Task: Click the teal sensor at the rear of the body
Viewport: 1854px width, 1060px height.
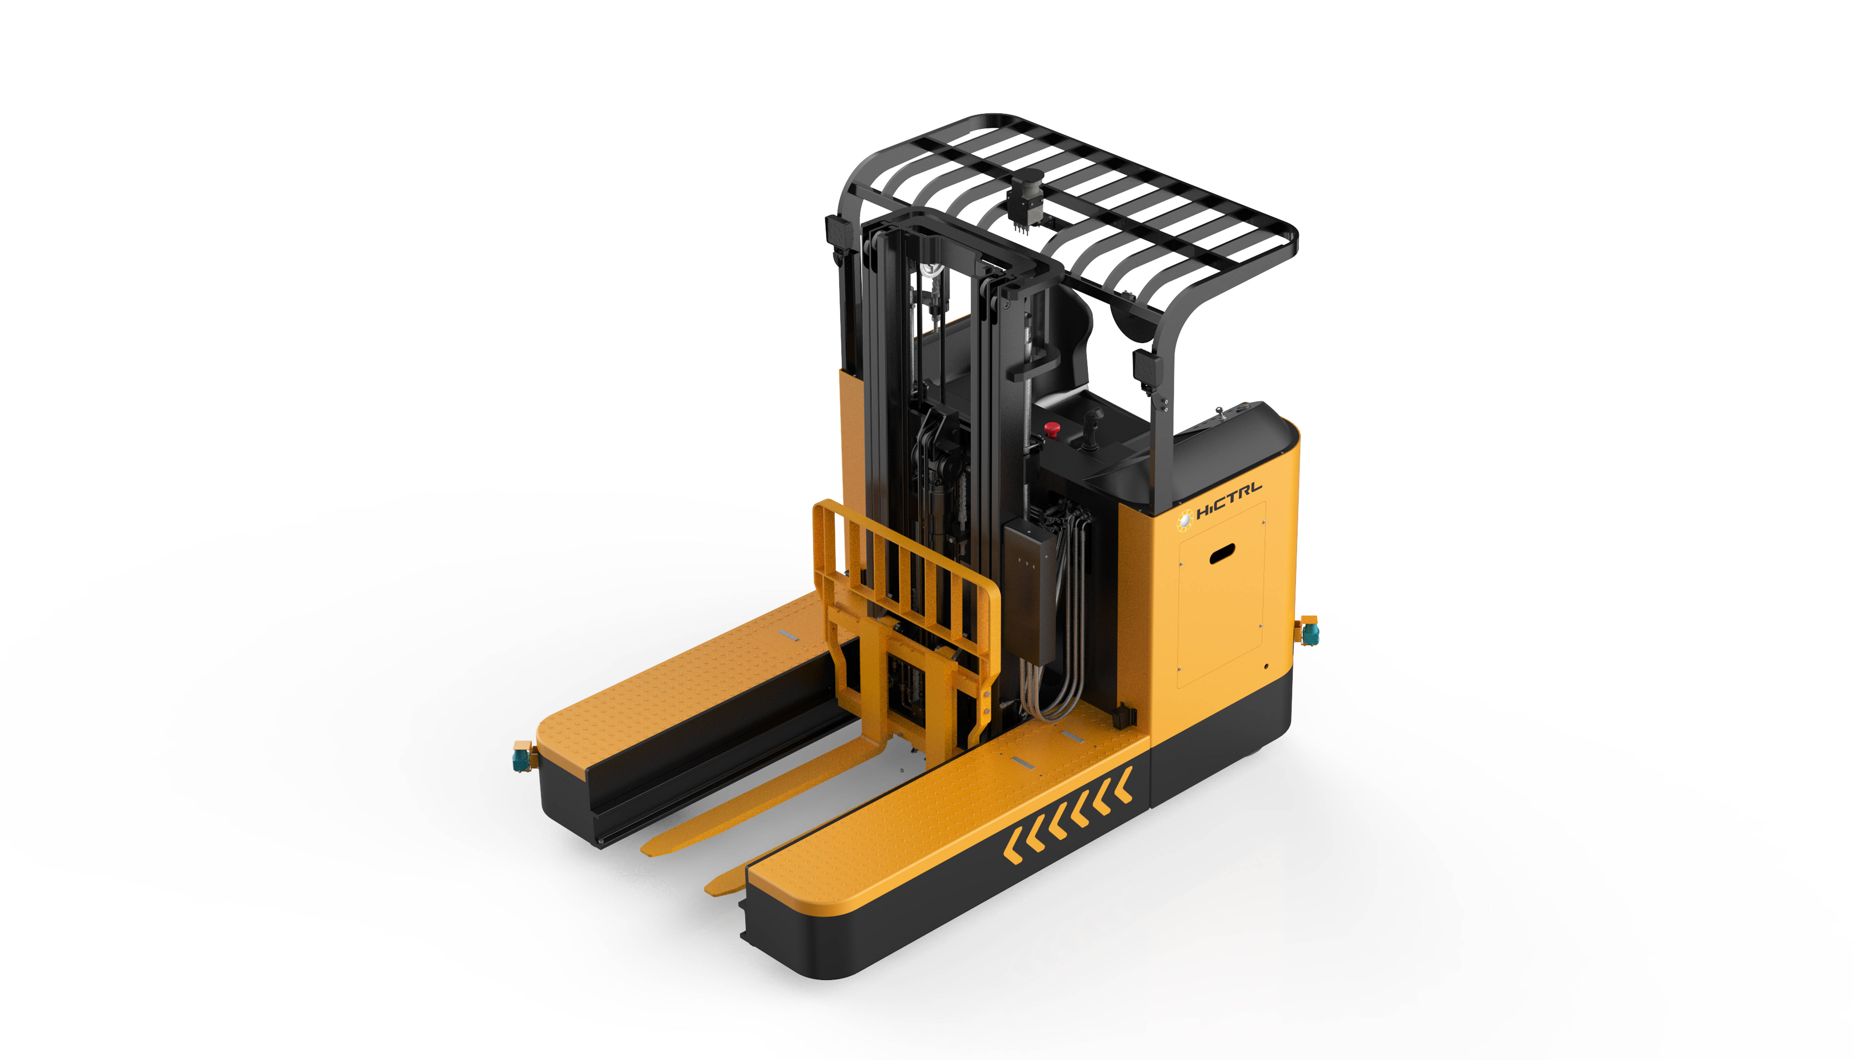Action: (x=1309, y=631)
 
